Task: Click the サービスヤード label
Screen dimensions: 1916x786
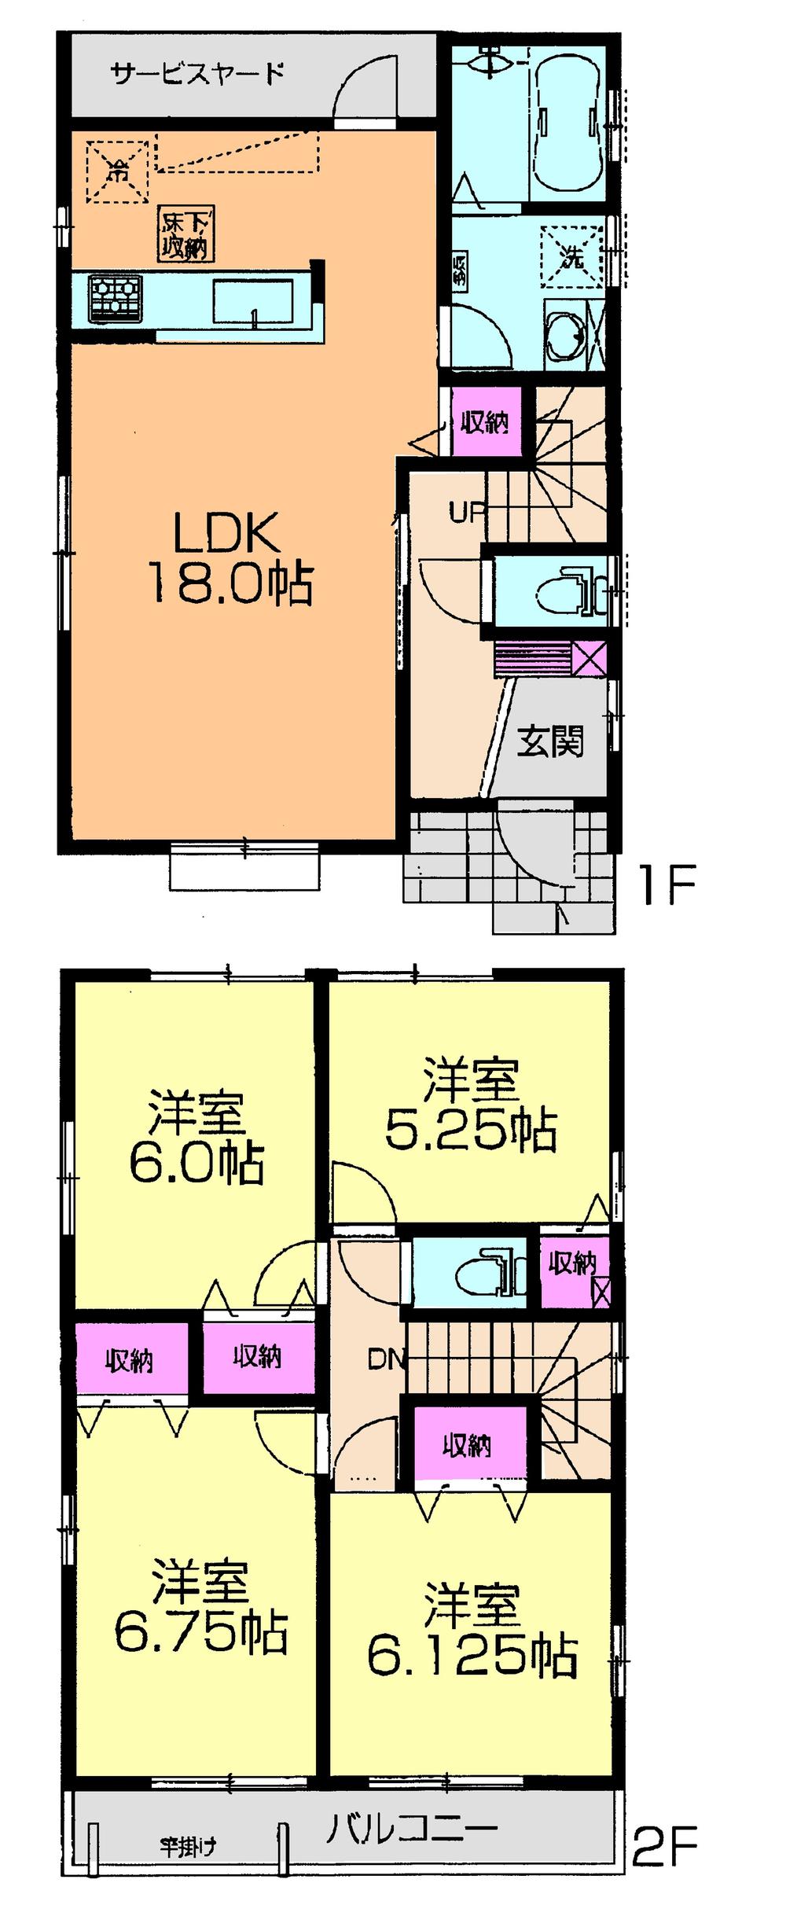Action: [197, 75]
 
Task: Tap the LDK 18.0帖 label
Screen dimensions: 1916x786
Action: [229, 558]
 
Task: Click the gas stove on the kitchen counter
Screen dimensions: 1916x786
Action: [115, 297]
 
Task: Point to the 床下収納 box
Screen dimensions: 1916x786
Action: [185, 234]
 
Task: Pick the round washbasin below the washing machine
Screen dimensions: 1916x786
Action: [564, 336]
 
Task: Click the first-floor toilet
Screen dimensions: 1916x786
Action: [563, 588]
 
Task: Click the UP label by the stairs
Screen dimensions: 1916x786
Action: [466, 512]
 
